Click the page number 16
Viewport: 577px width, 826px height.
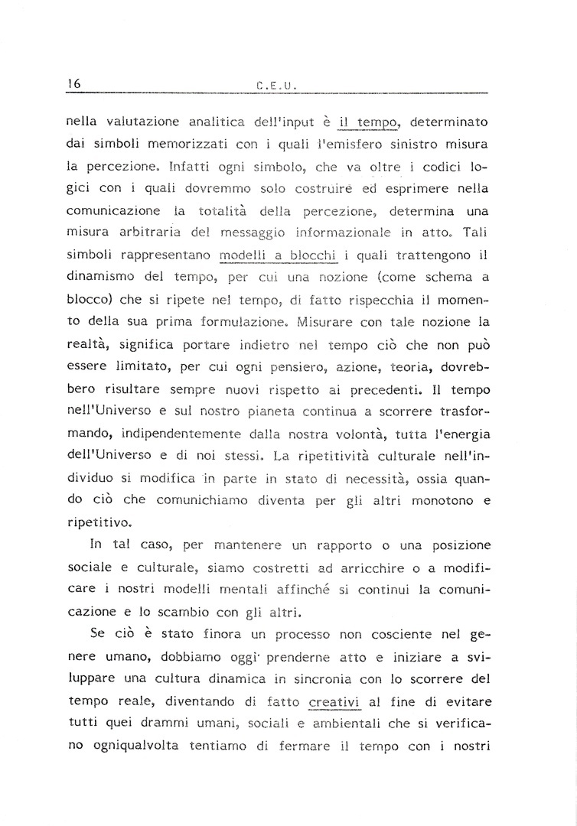click(74, 83)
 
